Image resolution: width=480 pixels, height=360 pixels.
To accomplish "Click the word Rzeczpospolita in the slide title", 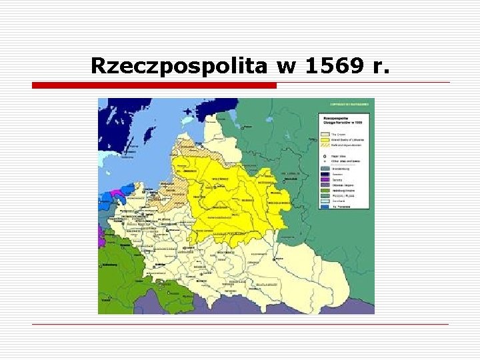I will pyautogui.click(x=180, y=66).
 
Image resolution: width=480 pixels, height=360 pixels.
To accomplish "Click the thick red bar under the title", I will pyautogui.click(x=154, y=85).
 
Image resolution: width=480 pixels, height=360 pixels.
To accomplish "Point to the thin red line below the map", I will pyautogui.click(x=240, y=324).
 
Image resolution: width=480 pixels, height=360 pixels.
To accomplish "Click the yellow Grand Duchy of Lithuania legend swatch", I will pyautogui.click(x=325, y=140).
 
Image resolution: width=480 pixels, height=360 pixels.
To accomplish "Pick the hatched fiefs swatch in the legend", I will pyautogui.click(x=325, y=145).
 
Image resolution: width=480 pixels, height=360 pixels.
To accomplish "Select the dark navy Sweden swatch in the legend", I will pyautogui.click(x=325, y=174).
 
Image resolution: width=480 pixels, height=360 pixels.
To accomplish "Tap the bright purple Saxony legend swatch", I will pyautogui.click(x=325, y=179).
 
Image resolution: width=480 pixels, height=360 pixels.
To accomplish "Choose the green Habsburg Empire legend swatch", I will pyautogui.click(x=325, y=191).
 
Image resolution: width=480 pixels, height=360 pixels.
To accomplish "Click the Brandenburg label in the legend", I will pyautogui.click(x=341, y=169).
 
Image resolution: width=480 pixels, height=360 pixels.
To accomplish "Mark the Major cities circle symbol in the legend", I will pyautogui.click(x=325, y=156).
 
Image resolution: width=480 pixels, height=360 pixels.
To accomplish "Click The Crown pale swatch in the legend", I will pyautogui.click(x=325, y=134).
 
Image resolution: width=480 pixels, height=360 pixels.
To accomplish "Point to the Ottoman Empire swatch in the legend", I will pyautogui.click(x=325, y=185).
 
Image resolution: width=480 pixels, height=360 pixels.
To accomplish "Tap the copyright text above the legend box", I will pyautogui.click(x=349, y=104).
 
